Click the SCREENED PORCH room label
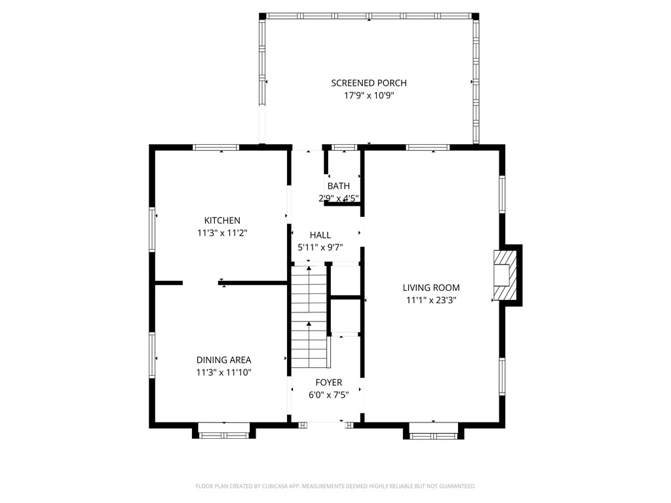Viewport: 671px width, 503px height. tap(368, 83)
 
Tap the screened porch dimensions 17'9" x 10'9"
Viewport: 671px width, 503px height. tap(368, 96)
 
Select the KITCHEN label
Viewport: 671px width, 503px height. tap(222, 221)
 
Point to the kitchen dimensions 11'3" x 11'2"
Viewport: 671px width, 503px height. tap(222, 233)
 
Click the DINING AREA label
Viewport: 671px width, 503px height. tap(223, 360)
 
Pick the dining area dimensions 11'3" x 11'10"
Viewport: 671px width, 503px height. tap(223, 372)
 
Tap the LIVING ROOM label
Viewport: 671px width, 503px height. tap(431, 288)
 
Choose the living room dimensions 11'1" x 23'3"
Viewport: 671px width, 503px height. tap(431, 300)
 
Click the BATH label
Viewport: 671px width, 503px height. tap(339, 186)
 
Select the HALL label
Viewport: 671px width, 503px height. tap(320, 235)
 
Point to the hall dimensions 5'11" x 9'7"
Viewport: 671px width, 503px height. tap(320, 248)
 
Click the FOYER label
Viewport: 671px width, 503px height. tap(328, 382)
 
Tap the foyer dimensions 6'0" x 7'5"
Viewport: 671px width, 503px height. tap(328, 395)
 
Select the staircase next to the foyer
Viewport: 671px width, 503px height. tap(309, 317)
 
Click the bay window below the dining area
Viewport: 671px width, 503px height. tap(224, 431)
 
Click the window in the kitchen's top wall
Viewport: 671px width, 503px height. tap(216, 147)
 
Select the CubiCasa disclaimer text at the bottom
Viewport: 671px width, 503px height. tap(335, 486)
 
